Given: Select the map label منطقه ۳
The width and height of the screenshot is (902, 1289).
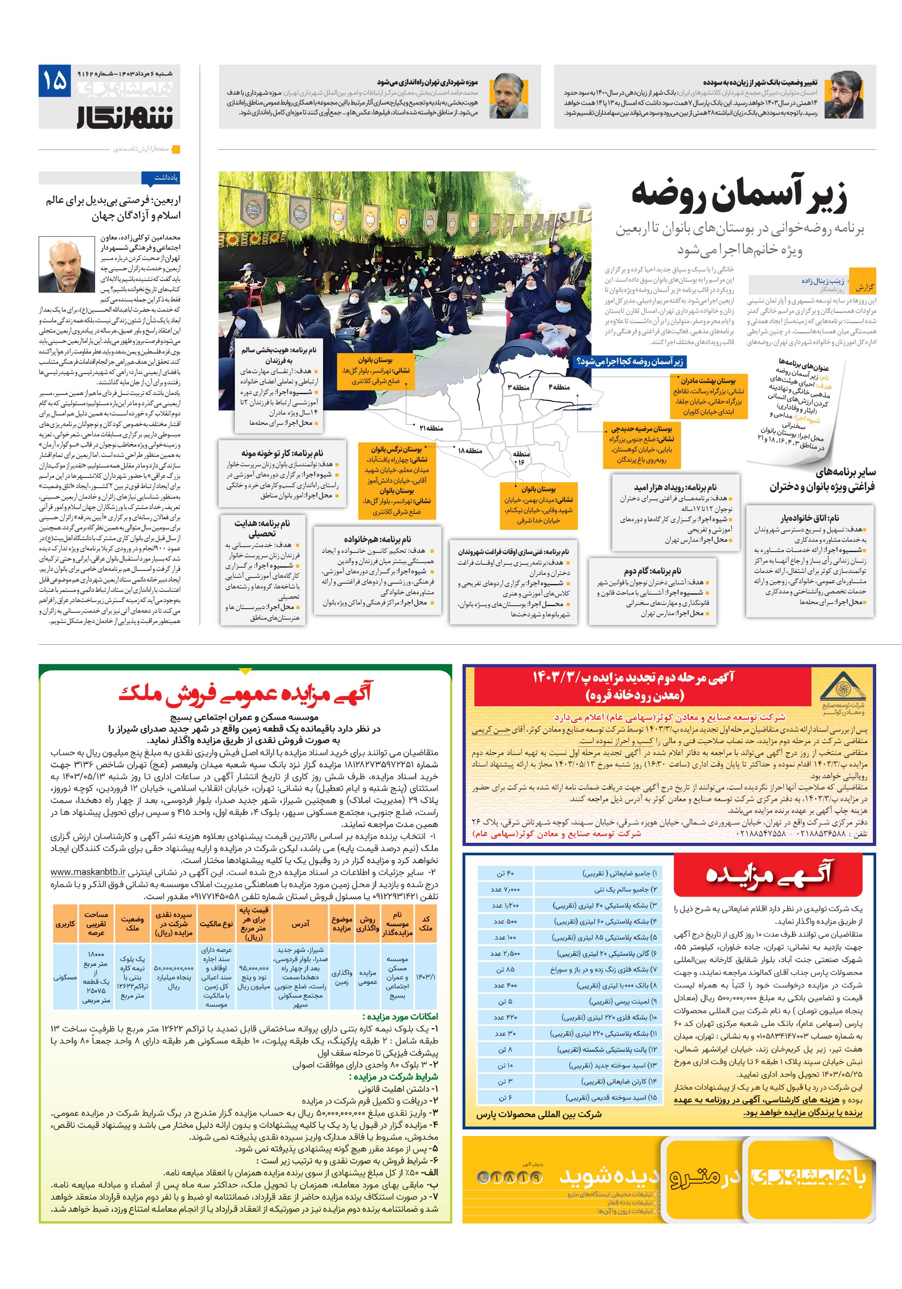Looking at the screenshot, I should click(x=519, y=388).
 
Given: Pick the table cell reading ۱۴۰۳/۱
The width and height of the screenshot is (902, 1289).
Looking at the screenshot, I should click(x=426, y=976).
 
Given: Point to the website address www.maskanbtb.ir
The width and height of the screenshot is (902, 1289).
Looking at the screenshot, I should click(x=89, y=872).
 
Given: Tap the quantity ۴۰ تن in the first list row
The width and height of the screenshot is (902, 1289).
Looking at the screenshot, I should click(x=505, y=874).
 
